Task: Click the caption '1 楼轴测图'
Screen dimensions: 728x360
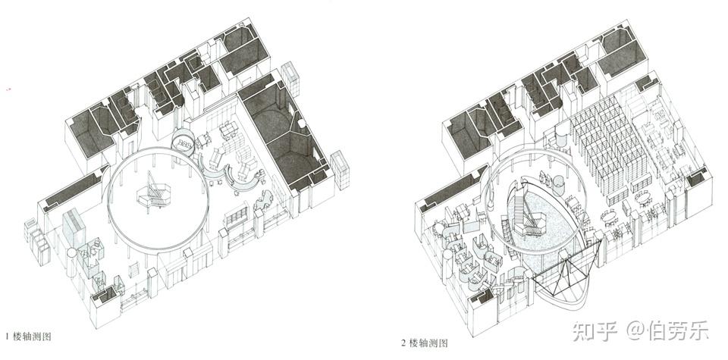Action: (30, 334)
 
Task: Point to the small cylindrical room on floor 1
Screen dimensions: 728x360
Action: (184, 141)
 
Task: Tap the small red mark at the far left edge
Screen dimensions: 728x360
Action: (8, 91)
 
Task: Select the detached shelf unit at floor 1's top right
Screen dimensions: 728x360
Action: (290, 80)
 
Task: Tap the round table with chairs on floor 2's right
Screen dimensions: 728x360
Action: (641, 199)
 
